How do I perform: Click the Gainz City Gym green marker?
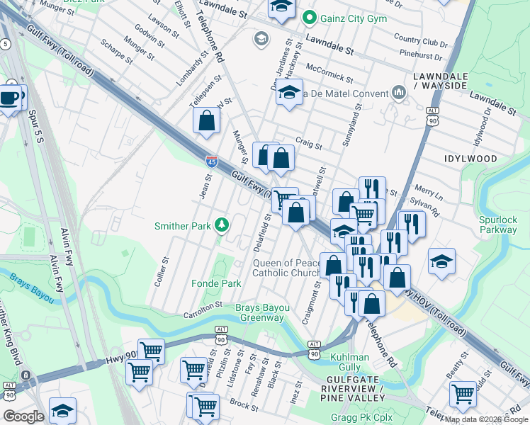(309, 18)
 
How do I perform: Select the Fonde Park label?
(216, 283)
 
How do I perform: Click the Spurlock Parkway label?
(497, 225)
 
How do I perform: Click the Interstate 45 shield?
(211, 163)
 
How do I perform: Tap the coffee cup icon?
(9, 98)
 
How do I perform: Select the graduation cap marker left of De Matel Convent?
(288, 93)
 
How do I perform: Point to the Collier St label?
(161, 271)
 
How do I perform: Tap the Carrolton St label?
(203, 310)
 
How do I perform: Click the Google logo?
(24, 416)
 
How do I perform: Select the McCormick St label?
(329, 72)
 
